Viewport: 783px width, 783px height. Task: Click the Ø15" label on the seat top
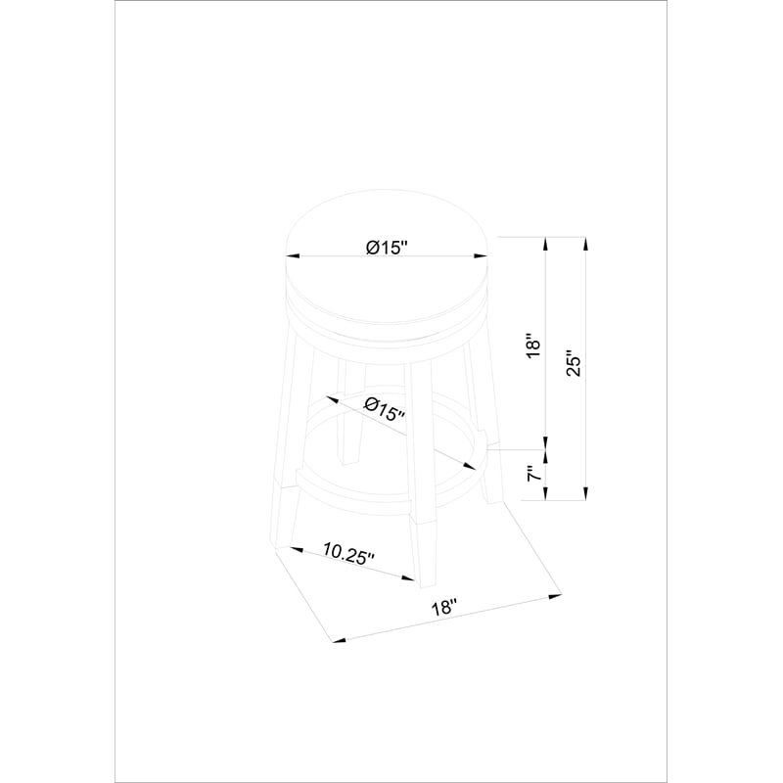click(387, 248)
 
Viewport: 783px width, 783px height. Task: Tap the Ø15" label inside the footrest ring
click(384, 409)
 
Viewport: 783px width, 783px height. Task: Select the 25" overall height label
click(575, 366)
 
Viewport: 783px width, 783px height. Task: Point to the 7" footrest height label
click(533, 473)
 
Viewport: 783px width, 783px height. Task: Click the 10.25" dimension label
click(348, 553)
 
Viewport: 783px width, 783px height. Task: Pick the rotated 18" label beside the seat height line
click(533, 345)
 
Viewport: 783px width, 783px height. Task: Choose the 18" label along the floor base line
click(444, 607)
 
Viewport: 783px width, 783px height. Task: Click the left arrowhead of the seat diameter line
click(292, 256)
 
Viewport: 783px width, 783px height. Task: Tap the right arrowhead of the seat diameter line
click(481, 256)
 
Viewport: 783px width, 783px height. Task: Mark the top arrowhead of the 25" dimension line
click(585, 244)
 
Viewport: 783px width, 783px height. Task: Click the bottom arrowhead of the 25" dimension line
click(585, 493)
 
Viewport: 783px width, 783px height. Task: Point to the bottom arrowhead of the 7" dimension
click(546, 493)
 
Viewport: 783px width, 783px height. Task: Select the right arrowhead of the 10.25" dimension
click(408, 578)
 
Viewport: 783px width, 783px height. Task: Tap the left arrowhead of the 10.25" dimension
click(297, 550)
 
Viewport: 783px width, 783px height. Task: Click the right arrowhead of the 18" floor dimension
click(555, 595)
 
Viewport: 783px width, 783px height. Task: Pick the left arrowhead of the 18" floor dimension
click(339, 640)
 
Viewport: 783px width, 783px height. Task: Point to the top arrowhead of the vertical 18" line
click(546, 244)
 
